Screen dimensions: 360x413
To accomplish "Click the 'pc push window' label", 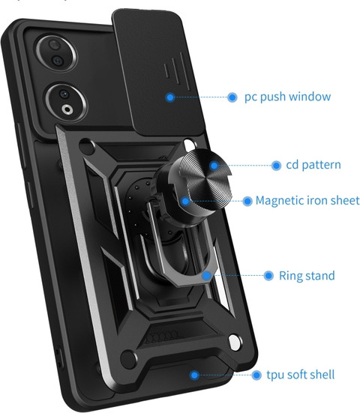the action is (287, 97).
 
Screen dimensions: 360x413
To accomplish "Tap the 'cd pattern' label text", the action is (313, 165).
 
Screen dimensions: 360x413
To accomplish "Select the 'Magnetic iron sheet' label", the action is (307, 201).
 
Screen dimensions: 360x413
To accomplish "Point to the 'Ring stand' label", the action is (307, 276).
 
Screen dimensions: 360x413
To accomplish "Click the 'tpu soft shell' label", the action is (301, 375).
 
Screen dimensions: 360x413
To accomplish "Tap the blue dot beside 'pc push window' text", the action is (232, 97).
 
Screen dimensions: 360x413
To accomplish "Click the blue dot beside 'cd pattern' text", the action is (276, 166).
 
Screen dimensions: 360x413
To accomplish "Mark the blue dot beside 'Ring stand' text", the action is (268, 276).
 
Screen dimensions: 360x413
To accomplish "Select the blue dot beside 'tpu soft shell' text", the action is (256, 375).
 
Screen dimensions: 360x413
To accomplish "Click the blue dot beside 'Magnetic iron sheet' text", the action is (247, 202).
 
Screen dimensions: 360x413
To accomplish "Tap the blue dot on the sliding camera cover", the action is (170, 97).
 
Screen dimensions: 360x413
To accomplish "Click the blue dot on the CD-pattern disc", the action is (214, 166).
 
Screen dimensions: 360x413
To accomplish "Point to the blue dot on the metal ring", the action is (206, 276).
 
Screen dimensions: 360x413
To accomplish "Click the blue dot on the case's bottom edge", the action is (194, 375).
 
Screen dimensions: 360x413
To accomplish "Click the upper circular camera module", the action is (56, 53).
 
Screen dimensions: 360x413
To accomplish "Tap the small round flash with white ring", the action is (67, 109).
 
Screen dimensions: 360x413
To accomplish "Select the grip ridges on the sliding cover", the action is (176, 69).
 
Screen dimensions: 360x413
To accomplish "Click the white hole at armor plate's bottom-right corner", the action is (235, 343).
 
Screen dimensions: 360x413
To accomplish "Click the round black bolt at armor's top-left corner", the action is (87, 146).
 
